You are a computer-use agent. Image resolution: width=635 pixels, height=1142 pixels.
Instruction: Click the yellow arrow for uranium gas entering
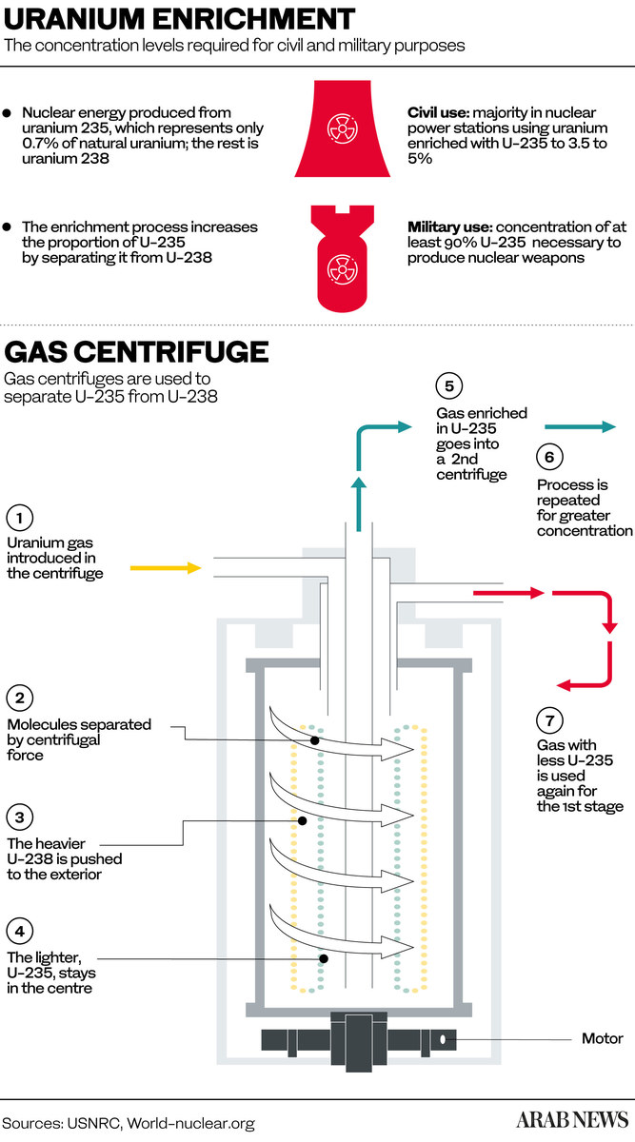tap(166, 568)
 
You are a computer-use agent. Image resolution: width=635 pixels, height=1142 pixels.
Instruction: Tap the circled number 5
tap(448, 386)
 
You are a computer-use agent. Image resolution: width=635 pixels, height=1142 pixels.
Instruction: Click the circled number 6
tap(549, 457)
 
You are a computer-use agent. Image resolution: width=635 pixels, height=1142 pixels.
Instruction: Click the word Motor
tap(603, 1038)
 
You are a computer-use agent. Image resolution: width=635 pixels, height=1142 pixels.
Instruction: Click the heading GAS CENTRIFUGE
tap(136, 352)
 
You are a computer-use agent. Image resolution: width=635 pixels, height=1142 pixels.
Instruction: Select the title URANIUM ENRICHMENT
tap(180, 18)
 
